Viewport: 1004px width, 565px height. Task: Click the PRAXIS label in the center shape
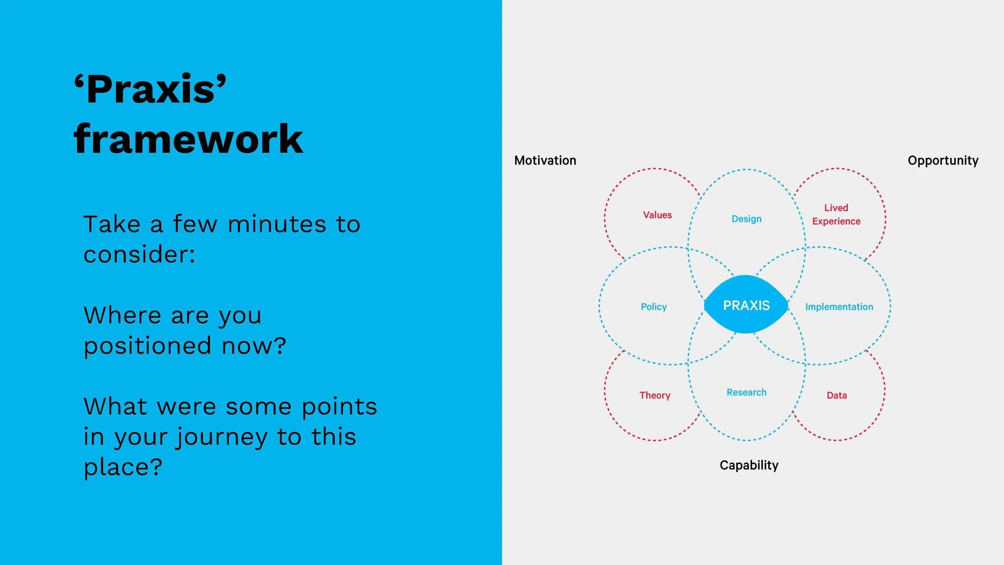point(746,305)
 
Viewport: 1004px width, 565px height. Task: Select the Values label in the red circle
point(657,215)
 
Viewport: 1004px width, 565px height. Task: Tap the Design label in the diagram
point(746,219)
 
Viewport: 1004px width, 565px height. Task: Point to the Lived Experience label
point(836,215)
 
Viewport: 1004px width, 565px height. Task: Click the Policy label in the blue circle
point(653,307)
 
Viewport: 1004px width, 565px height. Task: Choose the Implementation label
point(839,307)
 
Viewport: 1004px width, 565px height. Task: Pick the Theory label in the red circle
point(655,395)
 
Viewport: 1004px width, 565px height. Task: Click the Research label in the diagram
point(746,392)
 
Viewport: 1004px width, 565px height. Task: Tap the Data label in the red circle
point(837,395)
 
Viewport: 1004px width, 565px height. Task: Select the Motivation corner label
point(545,160)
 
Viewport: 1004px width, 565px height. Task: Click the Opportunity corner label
point(943,160)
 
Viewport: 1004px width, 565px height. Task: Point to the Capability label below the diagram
point(749,465)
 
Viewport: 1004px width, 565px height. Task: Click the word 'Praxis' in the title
point(150,89)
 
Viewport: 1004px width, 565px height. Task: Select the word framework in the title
point(188,139)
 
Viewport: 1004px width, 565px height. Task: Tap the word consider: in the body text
point(139,254)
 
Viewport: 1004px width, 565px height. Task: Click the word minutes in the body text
point(277,224)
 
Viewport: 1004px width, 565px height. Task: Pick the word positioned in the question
point(147,346)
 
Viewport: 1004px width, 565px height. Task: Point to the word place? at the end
point(122,467)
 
